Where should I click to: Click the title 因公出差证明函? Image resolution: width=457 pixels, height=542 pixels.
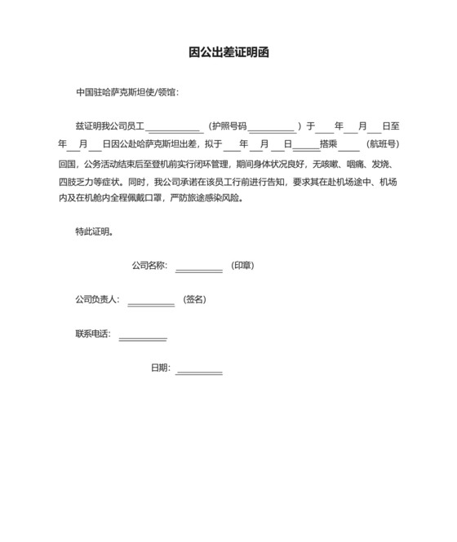pyautogui.click(x=228, y=53)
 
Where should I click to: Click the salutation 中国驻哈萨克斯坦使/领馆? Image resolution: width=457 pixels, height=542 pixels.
pyautogui.click(x=126, y=92)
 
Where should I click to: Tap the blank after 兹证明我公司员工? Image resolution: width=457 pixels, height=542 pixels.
pyautogui.click(x=174, y=127)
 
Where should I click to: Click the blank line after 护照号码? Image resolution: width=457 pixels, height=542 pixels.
pyautogui.click(x=272, y=127)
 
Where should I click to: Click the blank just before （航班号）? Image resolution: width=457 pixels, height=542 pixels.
pyautogui.click(x=348, y=145)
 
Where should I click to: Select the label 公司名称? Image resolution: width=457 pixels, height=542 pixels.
pyautogui.click(x=149, y=266)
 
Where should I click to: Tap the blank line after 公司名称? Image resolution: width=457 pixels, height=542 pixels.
pyautogui.click(x=198, y=267)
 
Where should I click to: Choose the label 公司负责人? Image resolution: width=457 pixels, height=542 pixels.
pyautogui.click(x=96, y=299)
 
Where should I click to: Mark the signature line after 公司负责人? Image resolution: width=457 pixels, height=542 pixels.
pyautogui.click(x=151, y=302)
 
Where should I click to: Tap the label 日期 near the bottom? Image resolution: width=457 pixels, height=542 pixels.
pyautogui.click(x=159, y=368)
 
